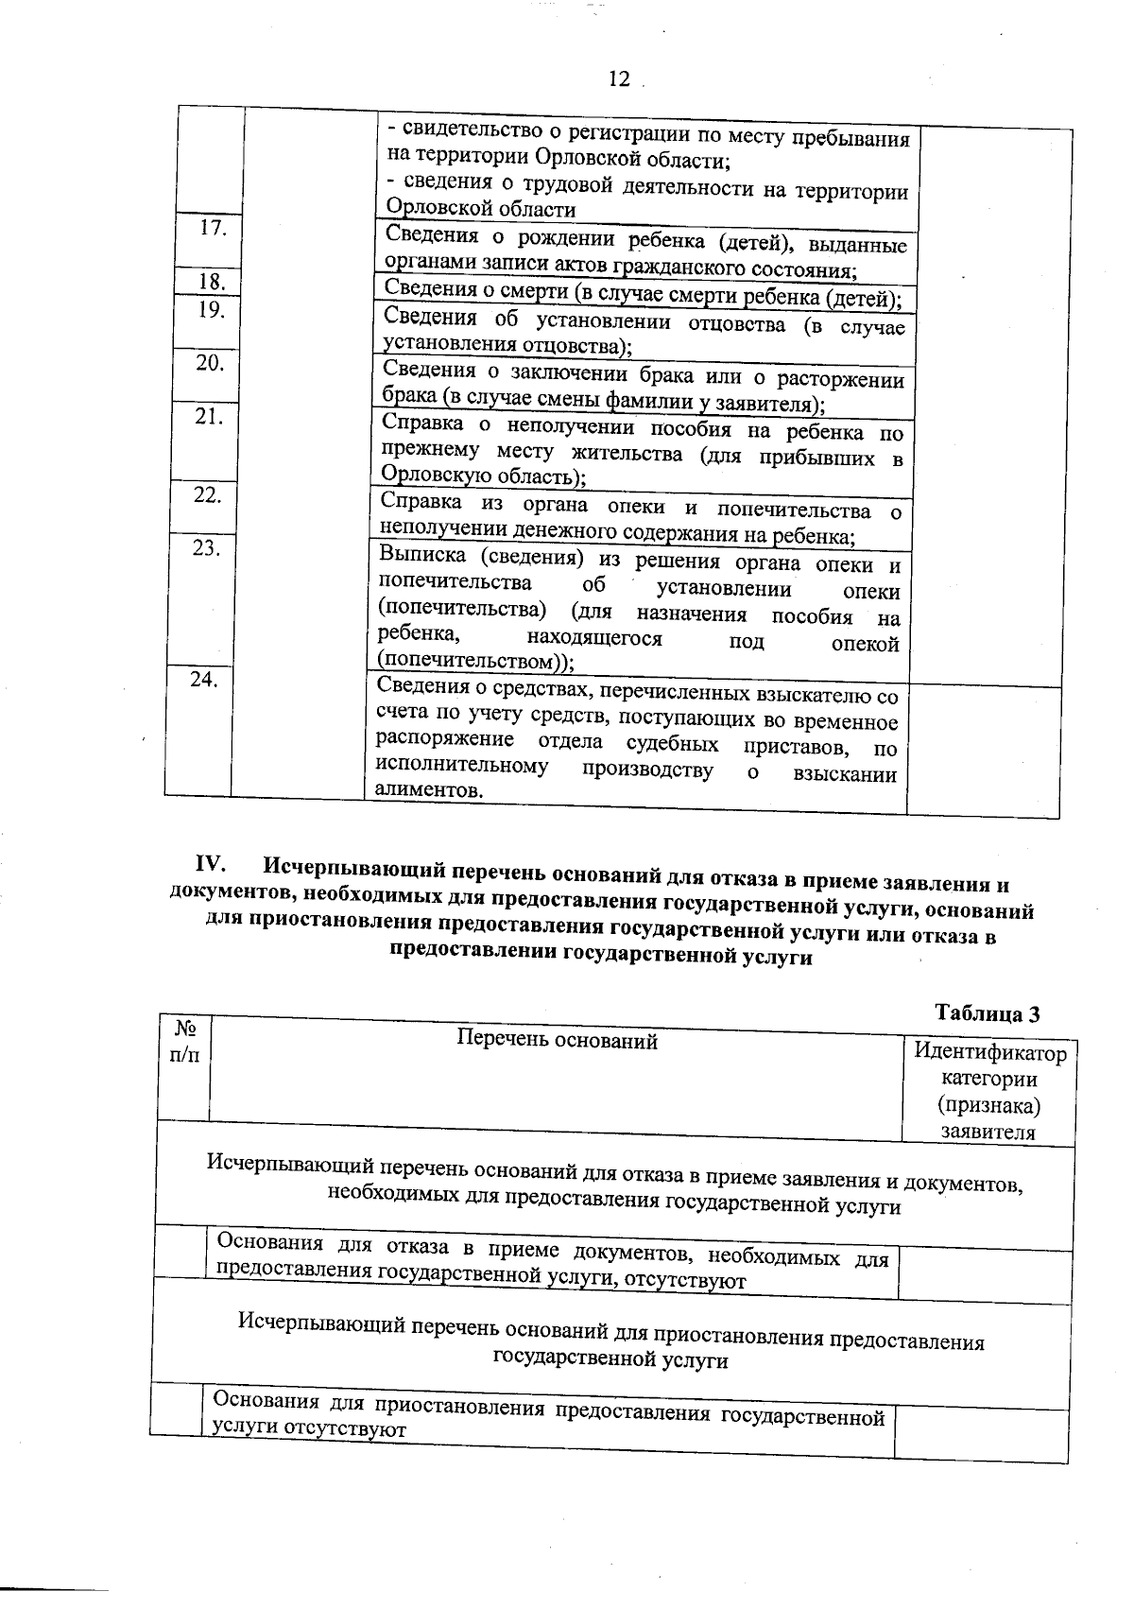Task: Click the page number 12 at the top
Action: coord(619,79)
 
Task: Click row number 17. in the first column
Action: coord(214,228)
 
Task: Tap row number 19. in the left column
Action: coord(212,309)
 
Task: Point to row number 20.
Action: coord(210,363)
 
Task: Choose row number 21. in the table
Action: coord(209,416)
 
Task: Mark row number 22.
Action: coord(208,495)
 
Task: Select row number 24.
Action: coord(204,679)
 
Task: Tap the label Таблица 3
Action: coord(988,1013)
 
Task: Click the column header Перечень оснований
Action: coord(557,1042)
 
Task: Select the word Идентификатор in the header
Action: coord(990,1053)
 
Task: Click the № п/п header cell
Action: coord(185,1041)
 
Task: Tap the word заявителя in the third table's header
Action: coord(988,1133)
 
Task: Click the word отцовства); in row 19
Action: coord(578,346)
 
